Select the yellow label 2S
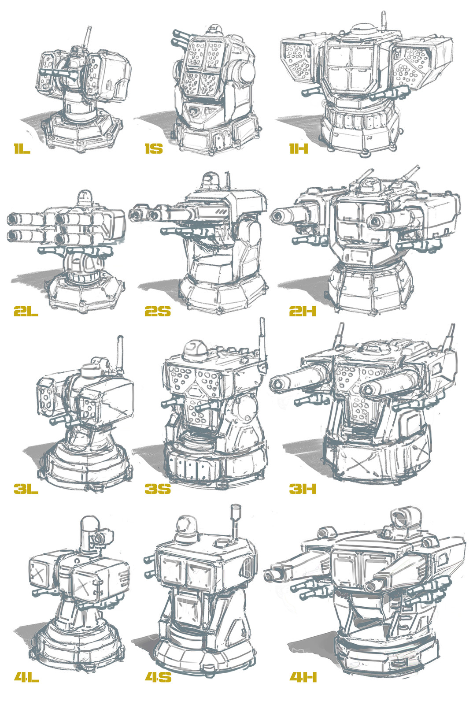[x=157, y=312]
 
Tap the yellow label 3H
[x=303, y=488]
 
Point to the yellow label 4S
[x=158, y=677]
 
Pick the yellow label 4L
[x=26, y=677]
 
